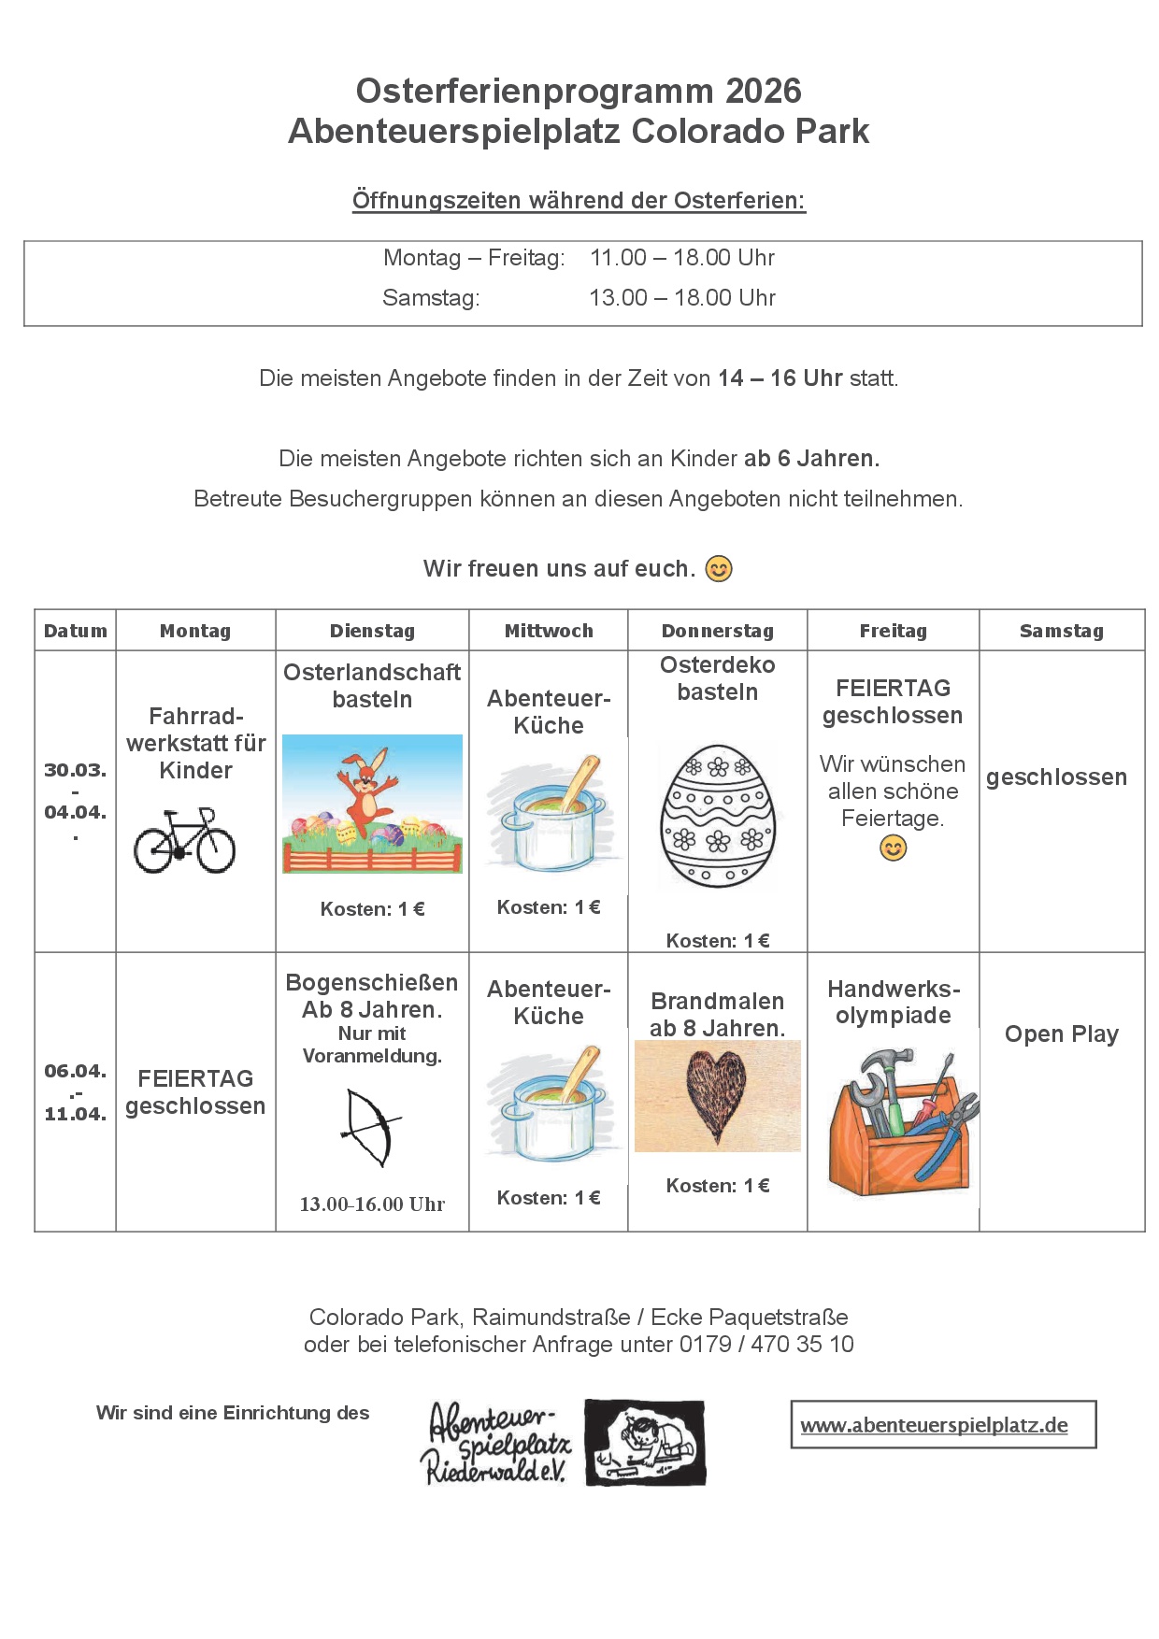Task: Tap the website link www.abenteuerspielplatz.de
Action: (934, 1425)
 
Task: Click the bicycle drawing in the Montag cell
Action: (184, 841)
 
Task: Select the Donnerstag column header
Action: (717, 631)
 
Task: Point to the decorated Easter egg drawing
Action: (718, 816)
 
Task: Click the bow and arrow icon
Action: (371, 1127)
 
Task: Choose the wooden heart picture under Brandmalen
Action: (717, 1096)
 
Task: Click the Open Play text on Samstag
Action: (1061, 1033)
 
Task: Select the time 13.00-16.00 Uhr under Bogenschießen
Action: (372, 1204)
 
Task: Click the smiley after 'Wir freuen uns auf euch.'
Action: (718, 568)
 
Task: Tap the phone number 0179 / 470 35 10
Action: (766, 1344)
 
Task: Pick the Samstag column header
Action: (1061, 631)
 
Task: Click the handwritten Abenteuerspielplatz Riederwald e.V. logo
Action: (495, 1443)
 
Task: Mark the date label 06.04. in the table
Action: (75, 1071)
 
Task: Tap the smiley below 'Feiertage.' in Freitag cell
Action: (893, 848)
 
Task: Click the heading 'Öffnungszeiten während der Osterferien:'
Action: (579, 200)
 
